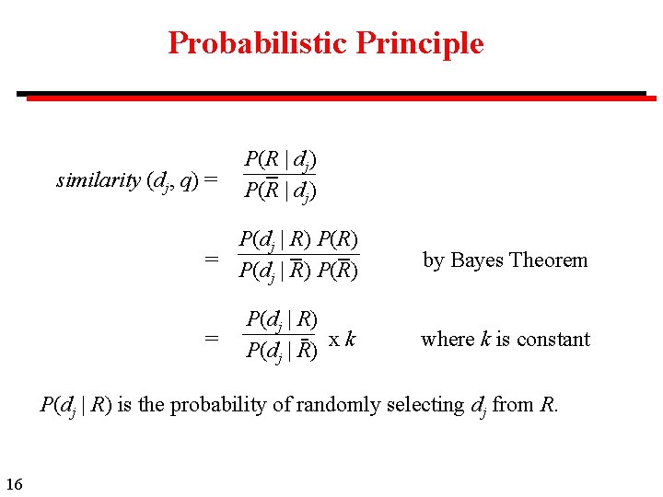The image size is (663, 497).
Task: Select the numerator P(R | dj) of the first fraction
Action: click(280, 161)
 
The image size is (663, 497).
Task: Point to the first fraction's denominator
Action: click(280, 191)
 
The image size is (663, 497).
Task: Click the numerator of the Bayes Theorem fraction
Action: click(298, 241)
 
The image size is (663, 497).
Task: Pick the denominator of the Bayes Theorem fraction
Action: click(298, 271)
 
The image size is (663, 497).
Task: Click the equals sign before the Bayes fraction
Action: click(212, 260)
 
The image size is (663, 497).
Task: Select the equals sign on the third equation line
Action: click(212, 339)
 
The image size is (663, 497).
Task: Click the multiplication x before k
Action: click(335, 339)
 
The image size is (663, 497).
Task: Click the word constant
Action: click(554, 339)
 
